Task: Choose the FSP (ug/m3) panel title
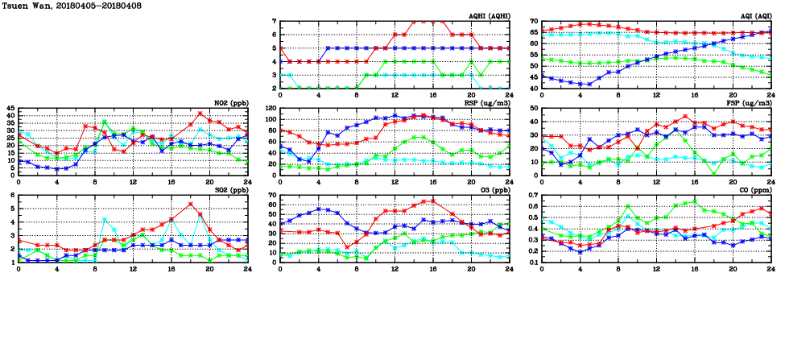pyautogui.click(x=748, y=104)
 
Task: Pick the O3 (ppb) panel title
pyautogui.click(x=492, y=191)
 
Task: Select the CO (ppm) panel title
pyautogui.click(x=753, y=191)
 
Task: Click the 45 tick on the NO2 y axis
pyautogui.click(x=10, y=108)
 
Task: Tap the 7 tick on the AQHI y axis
pyautogui.click(x=275, y=22)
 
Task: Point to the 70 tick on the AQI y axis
pyautogui.click(x=534, y=22)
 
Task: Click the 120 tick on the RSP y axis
pyautogui.click(x=271, y=108)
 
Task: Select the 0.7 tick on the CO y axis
pyautogui.click(x=532, y=196)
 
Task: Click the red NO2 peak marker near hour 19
pyautogui.click(x=200, y=113)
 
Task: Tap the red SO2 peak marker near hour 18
pyautogui.click(x=190, y=204)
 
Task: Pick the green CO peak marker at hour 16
pyautogui.click(x=695, y=201)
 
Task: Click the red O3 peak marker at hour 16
pyautogui.click(x=433, y=201)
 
